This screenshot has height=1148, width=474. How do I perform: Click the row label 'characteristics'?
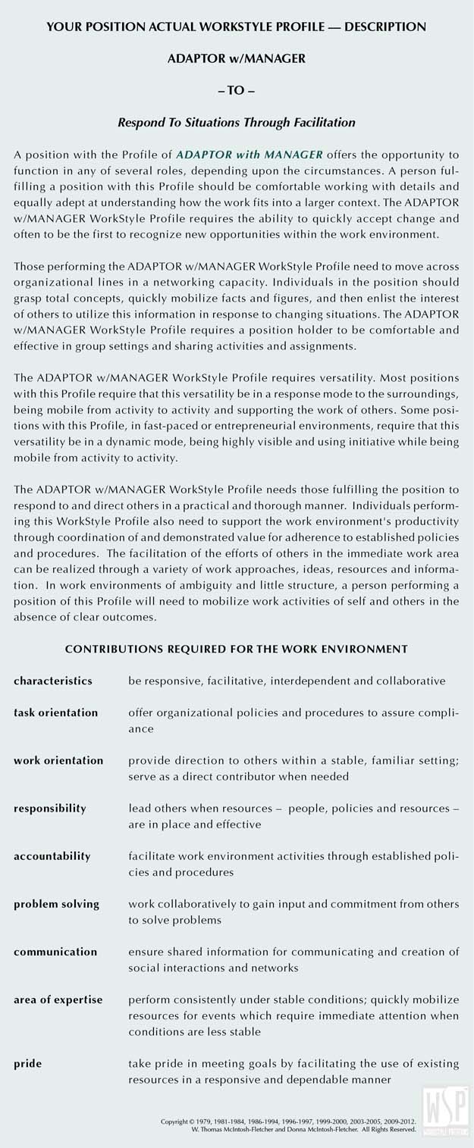(x=53, y=680)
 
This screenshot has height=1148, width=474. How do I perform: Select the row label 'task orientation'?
(x=56, y=712)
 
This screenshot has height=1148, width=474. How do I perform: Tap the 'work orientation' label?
(x=58, y=760)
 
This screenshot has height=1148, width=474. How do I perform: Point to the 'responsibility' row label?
(x=50, y=808)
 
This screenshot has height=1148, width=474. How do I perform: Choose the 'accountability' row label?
(x=52, y=856)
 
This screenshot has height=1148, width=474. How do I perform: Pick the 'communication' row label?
(x=55, y=951)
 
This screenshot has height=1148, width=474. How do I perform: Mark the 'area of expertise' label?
(x=58, y=999)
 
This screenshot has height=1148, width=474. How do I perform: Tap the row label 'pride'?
(x=27, y=1063)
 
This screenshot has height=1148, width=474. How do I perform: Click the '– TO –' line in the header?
(x=237, y=89)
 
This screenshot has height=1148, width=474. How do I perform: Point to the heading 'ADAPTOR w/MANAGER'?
(x=237, y=58)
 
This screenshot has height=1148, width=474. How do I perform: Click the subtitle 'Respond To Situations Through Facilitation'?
(x=237, y=121)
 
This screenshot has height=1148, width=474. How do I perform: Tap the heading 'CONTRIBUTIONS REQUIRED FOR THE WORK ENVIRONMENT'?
(x=237, y=649)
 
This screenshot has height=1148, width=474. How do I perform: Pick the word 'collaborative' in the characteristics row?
(x=414, y=680)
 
